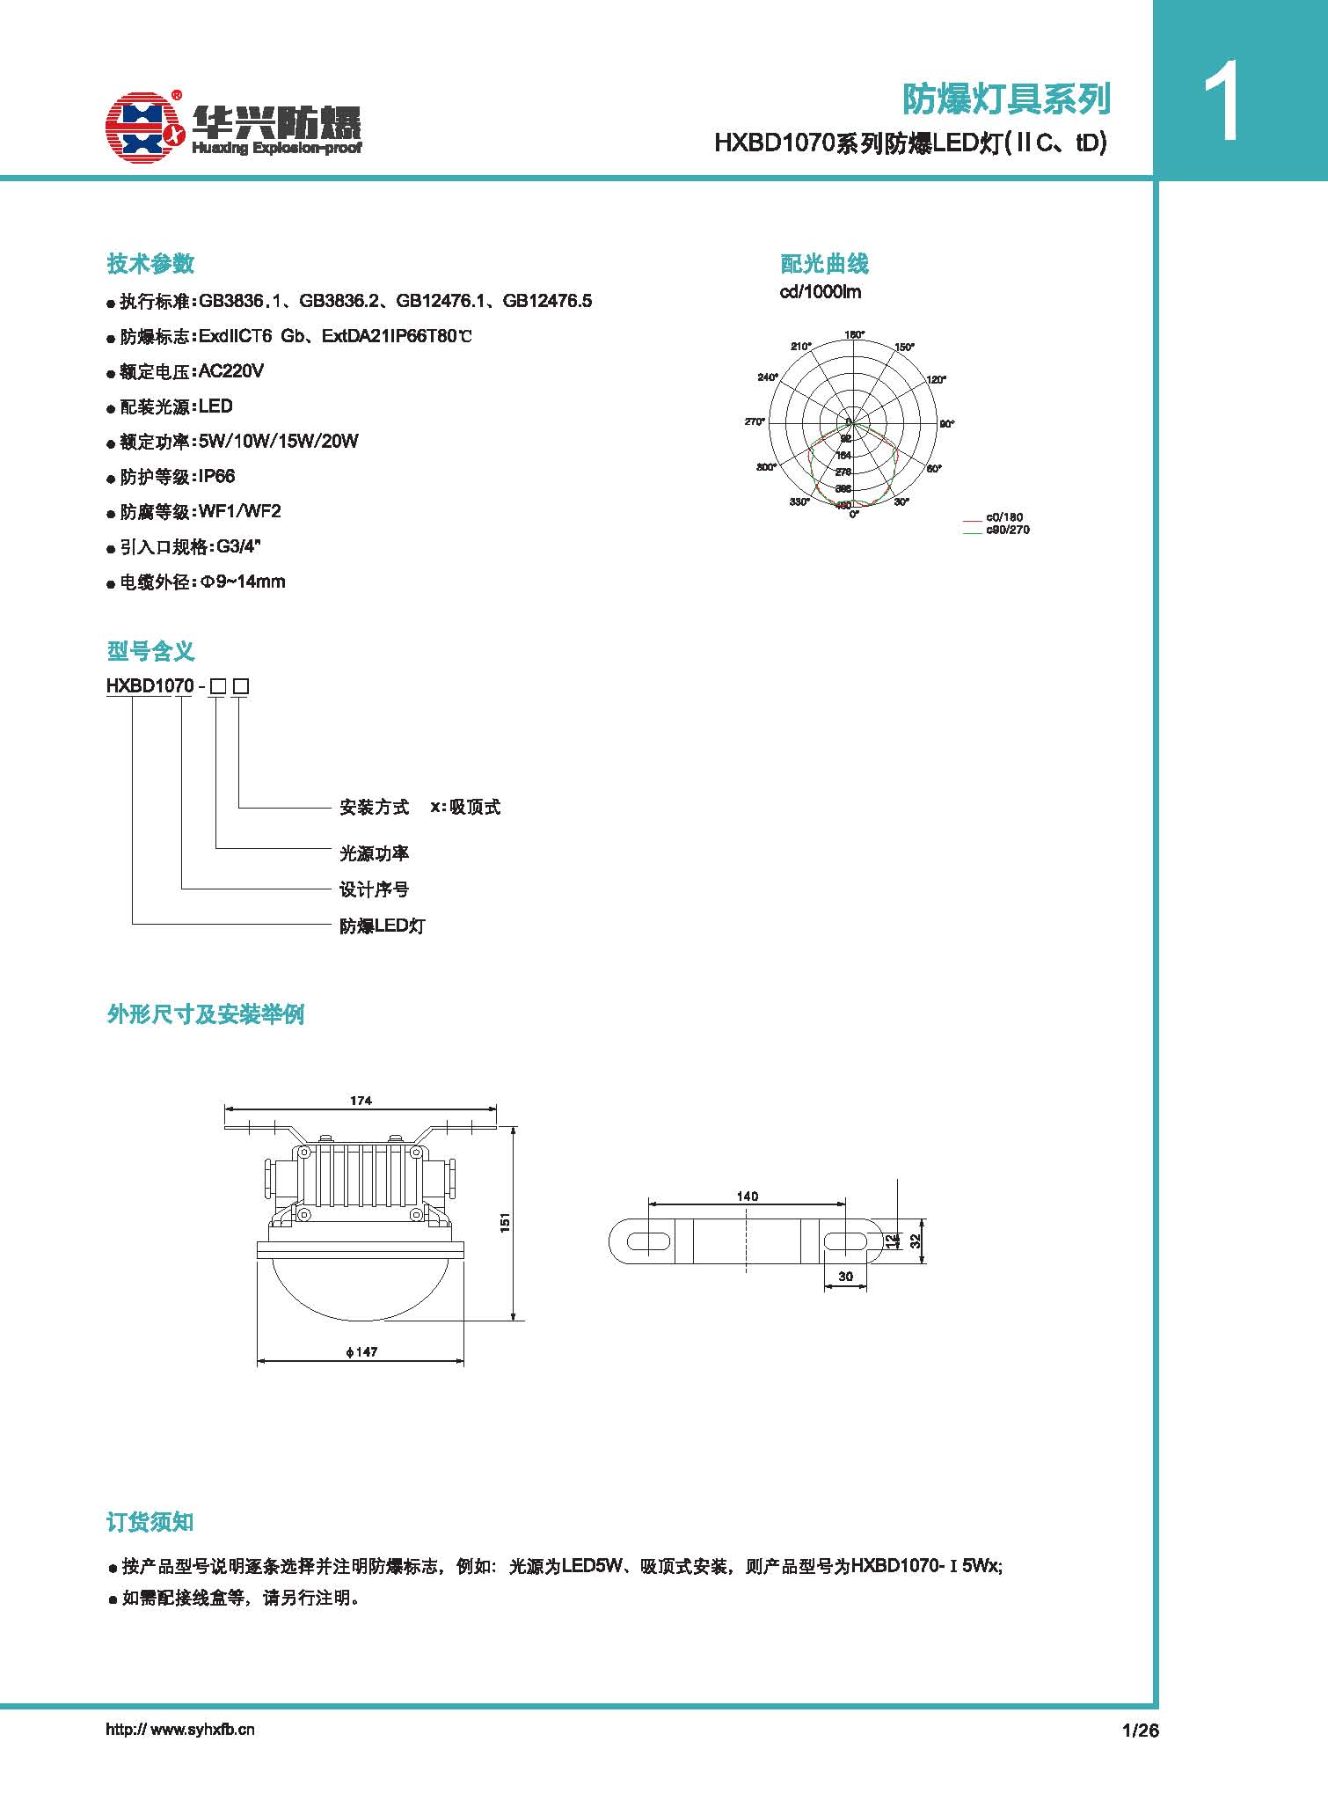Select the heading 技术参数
[150, 264]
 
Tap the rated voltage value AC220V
[231, 371]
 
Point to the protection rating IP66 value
[216, 477]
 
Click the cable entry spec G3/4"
[239, 547]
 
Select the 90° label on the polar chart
[946, 424]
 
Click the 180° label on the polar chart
[854, 334]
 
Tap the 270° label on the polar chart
[755, 422]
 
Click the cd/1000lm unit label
[821, 292]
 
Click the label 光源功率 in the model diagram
[375, 853]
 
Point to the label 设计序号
[375, 889]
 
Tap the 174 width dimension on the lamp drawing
[361, 1100]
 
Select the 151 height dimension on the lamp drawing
[505, 1222]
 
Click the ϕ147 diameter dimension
[361, 1351]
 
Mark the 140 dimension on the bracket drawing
[748, 1197]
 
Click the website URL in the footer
[180, 1729]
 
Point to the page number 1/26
[1141, 1730]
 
